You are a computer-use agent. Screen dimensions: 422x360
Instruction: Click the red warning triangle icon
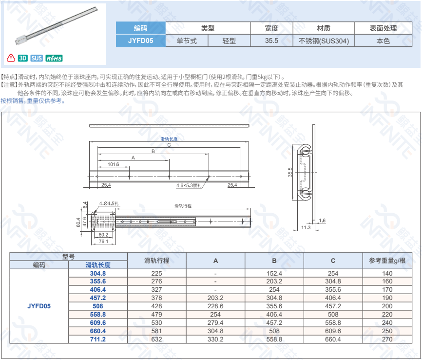pos(11,58)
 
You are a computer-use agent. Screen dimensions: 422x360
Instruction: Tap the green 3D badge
pos(23,58)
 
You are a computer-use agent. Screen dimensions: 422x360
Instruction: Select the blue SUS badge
pos(37,58)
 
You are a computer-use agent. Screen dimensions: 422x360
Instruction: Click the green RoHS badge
pos(54,58)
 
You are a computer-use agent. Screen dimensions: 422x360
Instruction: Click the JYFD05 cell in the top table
pos(140,40)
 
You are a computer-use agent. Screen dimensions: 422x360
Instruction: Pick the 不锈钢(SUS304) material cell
pos(324,41)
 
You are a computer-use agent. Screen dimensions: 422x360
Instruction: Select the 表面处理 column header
pos(383,28)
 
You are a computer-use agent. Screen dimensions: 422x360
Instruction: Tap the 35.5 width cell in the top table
pos(271,40)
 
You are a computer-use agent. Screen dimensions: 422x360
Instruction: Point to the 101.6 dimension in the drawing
pos(114,164)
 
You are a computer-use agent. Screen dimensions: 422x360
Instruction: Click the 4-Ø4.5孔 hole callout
pos(109,203)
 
